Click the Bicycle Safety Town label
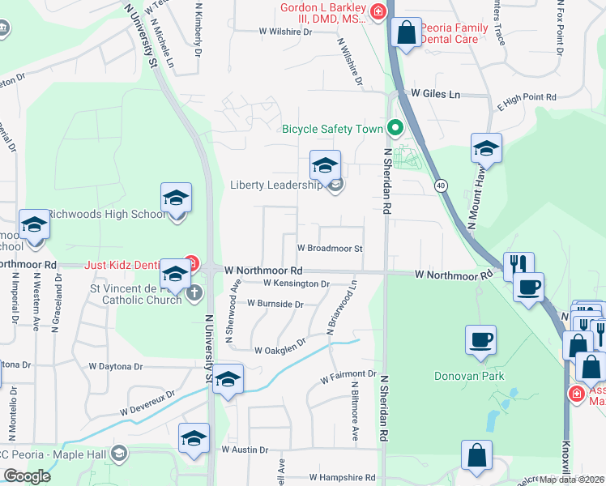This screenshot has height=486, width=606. pos(333,128)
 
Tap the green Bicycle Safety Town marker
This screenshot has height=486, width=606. pos(395,128)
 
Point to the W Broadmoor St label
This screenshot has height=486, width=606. pos(329,249)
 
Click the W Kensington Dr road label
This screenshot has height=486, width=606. pos(297,283)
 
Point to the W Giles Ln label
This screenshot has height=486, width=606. pos(435,95)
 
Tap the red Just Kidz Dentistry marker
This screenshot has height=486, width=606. pos(192,263)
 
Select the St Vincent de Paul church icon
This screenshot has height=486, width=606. pos(194,292)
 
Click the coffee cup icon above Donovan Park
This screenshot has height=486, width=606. pos(481,339)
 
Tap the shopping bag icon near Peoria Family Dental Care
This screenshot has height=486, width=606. pos(406,33)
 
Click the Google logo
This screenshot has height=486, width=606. pos(26,475)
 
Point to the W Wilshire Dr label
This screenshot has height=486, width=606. pos(285,32)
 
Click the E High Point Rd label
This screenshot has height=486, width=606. pos(527,98)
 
